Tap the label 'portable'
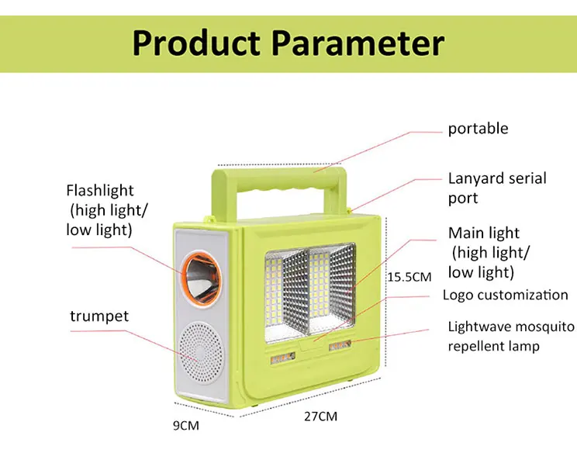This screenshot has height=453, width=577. click(478, 129)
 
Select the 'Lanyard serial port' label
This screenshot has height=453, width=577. click(496, 188)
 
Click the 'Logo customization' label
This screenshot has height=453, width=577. click(505, 295)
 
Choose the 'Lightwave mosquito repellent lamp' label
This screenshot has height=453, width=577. click(511, 336)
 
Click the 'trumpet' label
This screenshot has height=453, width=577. click(99, 316)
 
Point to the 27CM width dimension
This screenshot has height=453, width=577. click(320, 417)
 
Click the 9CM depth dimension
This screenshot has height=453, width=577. click(186, 425)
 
